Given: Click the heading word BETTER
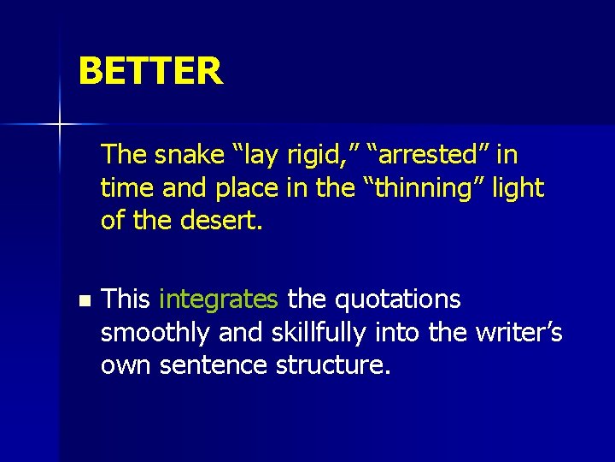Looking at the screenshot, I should [x=150, y=71].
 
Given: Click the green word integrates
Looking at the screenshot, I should [x=219, y=299].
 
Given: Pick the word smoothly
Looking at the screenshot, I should [x=155, y=333].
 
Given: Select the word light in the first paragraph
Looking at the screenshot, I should [x=518, y=188].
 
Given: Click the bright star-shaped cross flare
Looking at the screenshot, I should [x=60, y=125].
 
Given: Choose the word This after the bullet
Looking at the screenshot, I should [x=126, y=299].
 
